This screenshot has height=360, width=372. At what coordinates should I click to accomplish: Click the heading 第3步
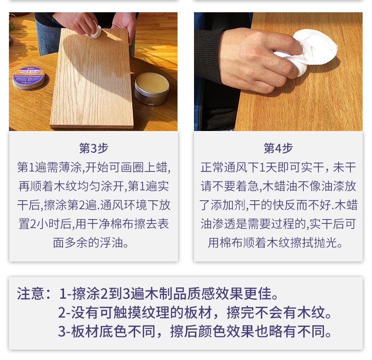(94, 148)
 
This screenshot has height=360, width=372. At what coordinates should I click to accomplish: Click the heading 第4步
(278, 148)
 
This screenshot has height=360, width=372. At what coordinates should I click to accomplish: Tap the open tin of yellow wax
(152, 88)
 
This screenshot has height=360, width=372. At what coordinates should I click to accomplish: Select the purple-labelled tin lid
(29, 77)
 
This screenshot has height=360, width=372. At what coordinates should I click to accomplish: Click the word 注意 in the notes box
(31, 294)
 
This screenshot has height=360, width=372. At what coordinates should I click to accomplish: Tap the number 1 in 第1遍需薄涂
(32, 167)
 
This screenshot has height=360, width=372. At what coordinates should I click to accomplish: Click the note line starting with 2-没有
(195, 312)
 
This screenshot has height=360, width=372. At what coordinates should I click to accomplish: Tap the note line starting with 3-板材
(195, 332)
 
